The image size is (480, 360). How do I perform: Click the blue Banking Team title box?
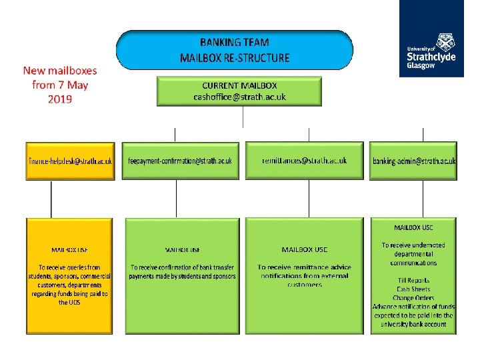235,49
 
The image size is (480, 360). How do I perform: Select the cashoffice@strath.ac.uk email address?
239,97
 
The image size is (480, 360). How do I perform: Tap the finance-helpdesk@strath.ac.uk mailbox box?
70,161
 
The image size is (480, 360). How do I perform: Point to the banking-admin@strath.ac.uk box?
414,161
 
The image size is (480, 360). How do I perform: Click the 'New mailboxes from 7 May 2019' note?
60,85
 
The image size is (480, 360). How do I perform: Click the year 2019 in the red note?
60,99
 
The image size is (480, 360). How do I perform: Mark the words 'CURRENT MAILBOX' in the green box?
239,85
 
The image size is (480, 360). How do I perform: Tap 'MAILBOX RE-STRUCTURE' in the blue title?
235,58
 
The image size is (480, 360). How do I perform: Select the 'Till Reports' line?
413,281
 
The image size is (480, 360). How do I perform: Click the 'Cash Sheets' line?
413,289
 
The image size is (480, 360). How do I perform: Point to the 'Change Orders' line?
413,298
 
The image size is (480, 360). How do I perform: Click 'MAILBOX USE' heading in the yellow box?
70,250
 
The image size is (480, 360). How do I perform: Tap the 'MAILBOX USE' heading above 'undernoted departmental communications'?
413,228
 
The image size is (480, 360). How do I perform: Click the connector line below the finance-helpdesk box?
51,199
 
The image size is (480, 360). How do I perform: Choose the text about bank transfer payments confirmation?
183,271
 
